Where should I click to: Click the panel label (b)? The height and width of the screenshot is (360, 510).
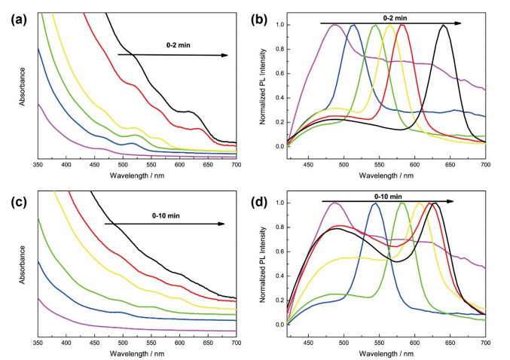point(259,20)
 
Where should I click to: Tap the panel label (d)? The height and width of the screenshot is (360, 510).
point(259,202)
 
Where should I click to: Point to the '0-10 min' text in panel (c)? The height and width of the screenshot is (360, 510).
point(166,215)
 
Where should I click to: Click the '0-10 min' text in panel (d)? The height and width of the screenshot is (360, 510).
point(388,197)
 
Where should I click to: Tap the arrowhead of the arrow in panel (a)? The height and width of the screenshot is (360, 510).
point(224,55)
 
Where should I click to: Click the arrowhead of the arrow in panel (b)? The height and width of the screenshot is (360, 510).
point(457,23)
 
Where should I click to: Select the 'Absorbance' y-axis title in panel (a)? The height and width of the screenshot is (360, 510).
point(22,87)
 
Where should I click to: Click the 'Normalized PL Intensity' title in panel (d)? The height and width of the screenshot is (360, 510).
point(263,265)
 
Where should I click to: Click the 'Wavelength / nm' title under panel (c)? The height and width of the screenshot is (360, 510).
point(137,353)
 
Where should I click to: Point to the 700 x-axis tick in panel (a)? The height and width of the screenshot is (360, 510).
point(236,165)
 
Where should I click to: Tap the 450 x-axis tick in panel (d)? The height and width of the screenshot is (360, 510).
point(308,343)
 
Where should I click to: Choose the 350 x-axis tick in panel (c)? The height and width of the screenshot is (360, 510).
point(38,343)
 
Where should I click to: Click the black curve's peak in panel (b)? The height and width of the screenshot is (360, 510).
point(443,25)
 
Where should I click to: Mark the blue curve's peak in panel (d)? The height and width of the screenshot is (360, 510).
point(376,203)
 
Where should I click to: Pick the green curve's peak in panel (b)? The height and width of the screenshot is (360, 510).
point(375,25)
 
